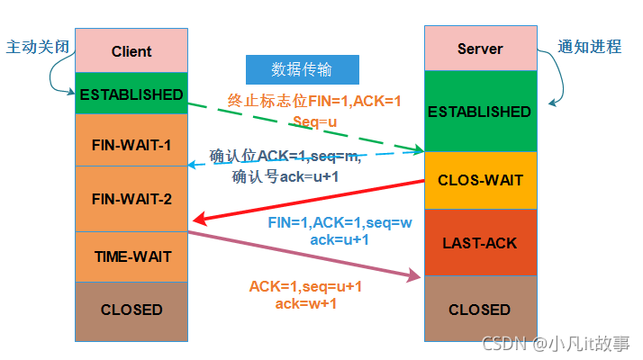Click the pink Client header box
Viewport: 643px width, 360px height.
tap(131, 51)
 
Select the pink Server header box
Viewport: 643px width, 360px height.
tap(479, 49)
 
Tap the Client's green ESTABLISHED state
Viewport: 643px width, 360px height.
tap(131, 94)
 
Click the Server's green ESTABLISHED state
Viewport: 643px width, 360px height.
tap(479, 112)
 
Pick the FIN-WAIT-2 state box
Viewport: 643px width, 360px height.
tap(131, 199)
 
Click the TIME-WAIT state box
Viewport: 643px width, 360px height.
tap(131, 256)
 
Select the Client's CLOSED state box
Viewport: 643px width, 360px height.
tap(131, 310)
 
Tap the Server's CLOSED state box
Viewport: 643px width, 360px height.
tap(479, 310)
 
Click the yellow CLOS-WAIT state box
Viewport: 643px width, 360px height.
tap(479, 180)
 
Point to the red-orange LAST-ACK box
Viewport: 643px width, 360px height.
tap(479, 243)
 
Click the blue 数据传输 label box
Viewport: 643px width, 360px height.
tap(303, 70)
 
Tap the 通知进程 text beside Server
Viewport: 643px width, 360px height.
tap(590, 47)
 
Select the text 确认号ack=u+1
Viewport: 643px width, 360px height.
tap(285, 176)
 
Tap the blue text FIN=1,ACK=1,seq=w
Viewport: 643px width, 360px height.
tap(340, 222)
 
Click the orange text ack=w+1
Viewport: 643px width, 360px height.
tap(305, 304)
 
